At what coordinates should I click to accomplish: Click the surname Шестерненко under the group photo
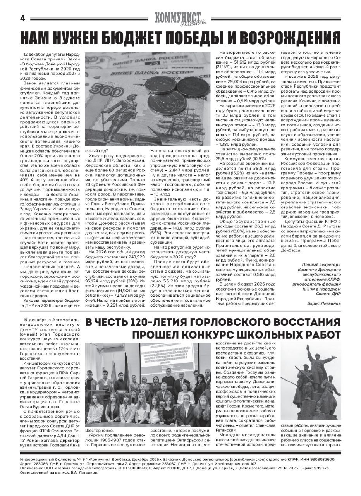tap(100, 431)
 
